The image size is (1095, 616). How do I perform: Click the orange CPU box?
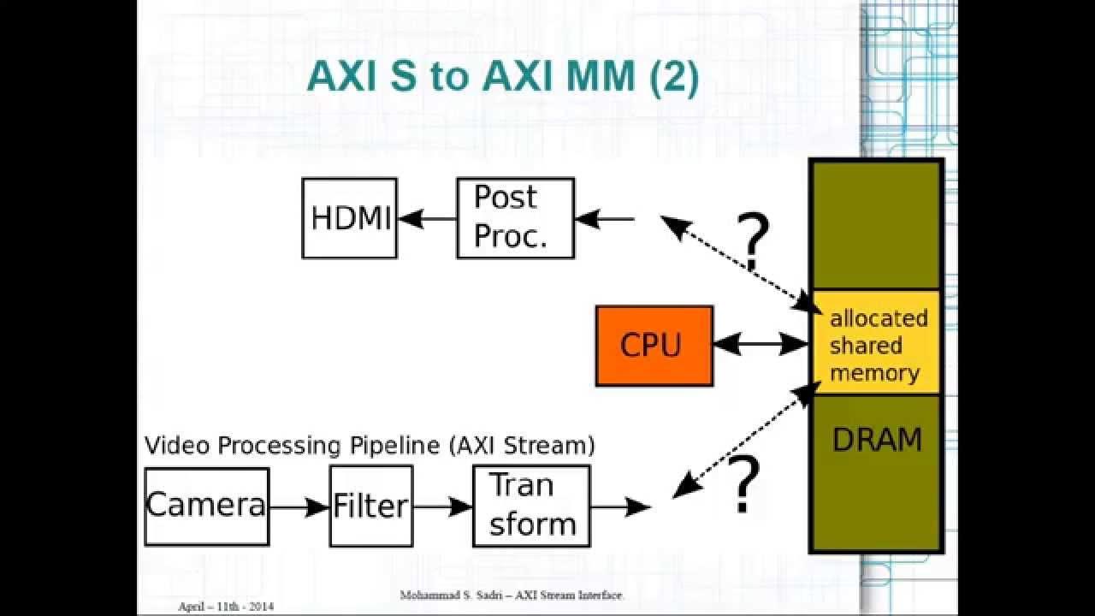point(654,346)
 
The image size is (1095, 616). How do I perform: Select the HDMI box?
point(350,218)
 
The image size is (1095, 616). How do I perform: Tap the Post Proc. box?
point(515,218)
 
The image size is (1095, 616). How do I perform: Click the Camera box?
point(206,506)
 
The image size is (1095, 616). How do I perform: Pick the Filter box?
point(370,506)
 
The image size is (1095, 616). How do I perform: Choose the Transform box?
point(531,506)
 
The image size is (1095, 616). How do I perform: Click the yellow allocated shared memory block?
point(878,345)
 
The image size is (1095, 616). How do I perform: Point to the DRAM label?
point(877,441)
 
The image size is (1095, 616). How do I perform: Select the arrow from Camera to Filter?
point(299,506)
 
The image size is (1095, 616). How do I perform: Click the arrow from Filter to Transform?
point(442,506)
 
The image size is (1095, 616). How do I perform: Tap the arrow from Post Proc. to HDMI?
point(427,219)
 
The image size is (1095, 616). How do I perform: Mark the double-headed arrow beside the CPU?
point(761,345)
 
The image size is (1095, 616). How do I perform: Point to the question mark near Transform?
point(743,485)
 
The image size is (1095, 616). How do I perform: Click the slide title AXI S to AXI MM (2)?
point(502,77)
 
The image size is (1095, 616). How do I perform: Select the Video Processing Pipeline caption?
point(370,446)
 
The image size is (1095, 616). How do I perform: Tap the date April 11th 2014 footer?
point(227,607)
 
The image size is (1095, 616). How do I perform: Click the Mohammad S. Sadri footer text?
point(512,595)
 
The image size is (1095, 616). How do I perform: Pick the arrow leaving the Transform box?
point(620,506)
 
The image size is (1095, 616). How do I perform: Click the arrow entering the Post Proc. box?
point(605,219)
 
